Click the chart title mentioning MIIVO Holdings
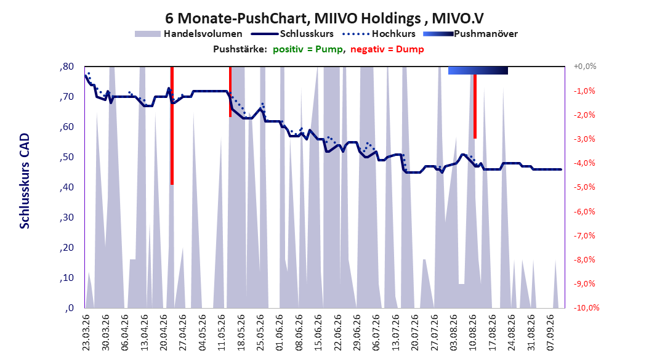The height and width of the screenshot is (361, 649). [324, 18]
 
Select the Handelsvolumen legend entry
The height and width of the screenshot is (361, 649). [188, 34]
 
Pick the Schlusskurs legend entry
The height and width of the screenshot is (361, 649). [292, 34]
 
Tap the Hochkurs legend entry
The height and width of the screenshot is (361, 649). [379, 34]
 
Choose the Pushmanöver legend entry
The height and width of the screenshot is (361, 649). [470, 34]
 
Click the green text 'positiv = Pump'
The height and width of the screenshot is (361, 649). [308, 49]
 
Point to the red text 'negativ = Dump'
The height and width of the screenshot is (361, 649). [387, 49]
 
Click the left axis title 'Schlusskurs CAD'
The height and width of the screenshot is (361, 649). [25, 181]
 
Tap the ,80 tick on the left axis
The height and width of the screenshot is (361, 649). [67, 67]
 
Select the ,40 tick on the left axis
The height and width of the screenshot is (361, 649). [67, 187]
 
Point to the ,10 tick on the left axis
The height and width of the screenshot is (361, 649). [67, 278]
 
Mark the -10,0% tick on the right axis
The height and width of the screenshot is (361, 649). [586, 307]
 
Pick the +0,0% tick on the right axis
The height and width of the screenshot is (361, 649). [585, 67]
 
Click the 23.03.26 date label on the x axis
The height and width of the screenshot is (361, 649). [86, 333]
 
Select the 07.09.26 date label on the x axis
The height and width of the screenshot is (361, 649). [550, 333]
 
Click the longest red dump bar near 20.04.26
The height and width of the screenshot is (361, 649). [172, 126]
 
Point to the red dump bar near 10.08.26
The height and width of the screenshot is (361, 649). [475, 107]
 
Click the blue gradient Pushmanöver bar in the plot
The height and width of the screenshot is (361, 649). [478, 70]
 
